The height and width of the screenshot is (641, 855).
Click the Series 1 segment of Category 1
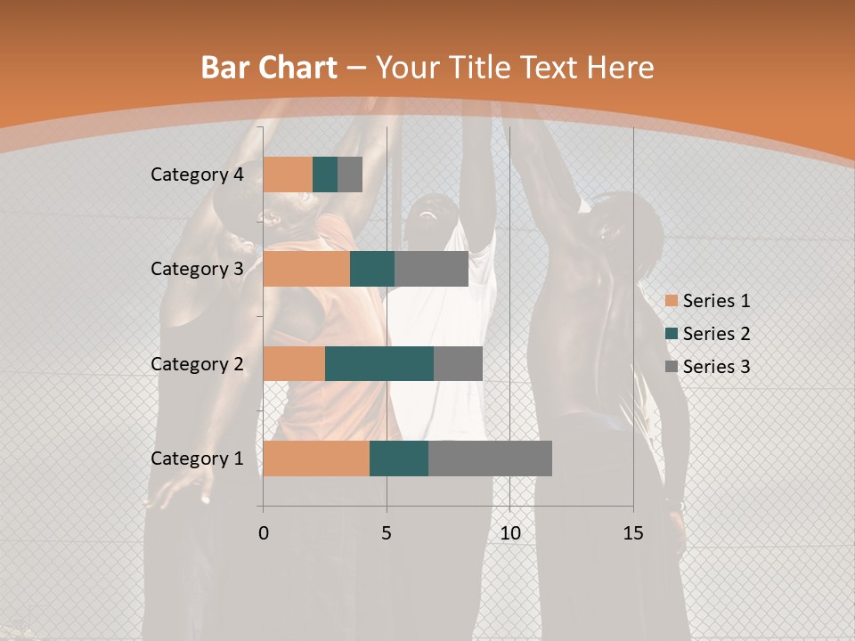point(316,458)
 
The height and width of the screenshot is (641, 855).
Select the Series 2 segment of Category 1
point(399,458)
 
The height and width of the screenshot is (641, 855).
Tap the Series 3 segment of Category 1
point(490,458)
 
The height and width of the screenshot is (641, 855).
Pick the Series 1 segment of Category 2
point(294,364)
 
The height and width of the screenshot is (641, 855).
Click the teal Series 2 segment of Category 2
point(379,364)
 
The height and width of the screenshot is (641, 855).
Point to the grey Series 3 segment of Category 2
point(458,364)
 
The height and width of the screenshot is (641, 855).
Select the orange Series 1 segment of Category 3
point(306,269)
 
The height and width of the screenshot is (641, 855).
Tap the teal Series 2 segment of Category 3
point(372,269)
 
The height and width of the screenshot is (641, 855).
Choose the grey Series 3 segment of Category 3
point(431,269)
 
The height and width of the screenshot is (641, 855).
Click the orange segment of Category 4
point(288,174)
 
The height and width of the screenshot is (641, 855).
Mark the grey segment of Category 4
point(350,174)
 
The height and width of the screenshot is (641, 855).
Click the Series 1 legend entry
point(707,301)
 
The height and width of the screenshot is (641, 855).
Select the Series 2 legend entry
point(707,334)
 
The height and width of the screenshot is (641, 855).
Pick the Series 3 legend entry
point(707,366)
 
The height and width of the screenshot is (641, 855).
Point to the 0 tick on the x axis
point(264,533)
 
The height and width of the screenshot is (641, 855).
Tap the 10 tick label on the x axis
point(509,533)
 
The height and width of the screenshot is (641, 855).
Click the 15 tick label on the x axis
point(633,533)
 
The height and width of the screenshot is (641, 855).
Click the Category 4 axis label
point(197,174)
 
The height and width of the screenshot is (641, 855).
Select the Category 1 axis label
point(197,458)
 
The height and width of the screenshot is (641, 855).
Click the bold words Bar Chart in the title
point(269,68)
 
